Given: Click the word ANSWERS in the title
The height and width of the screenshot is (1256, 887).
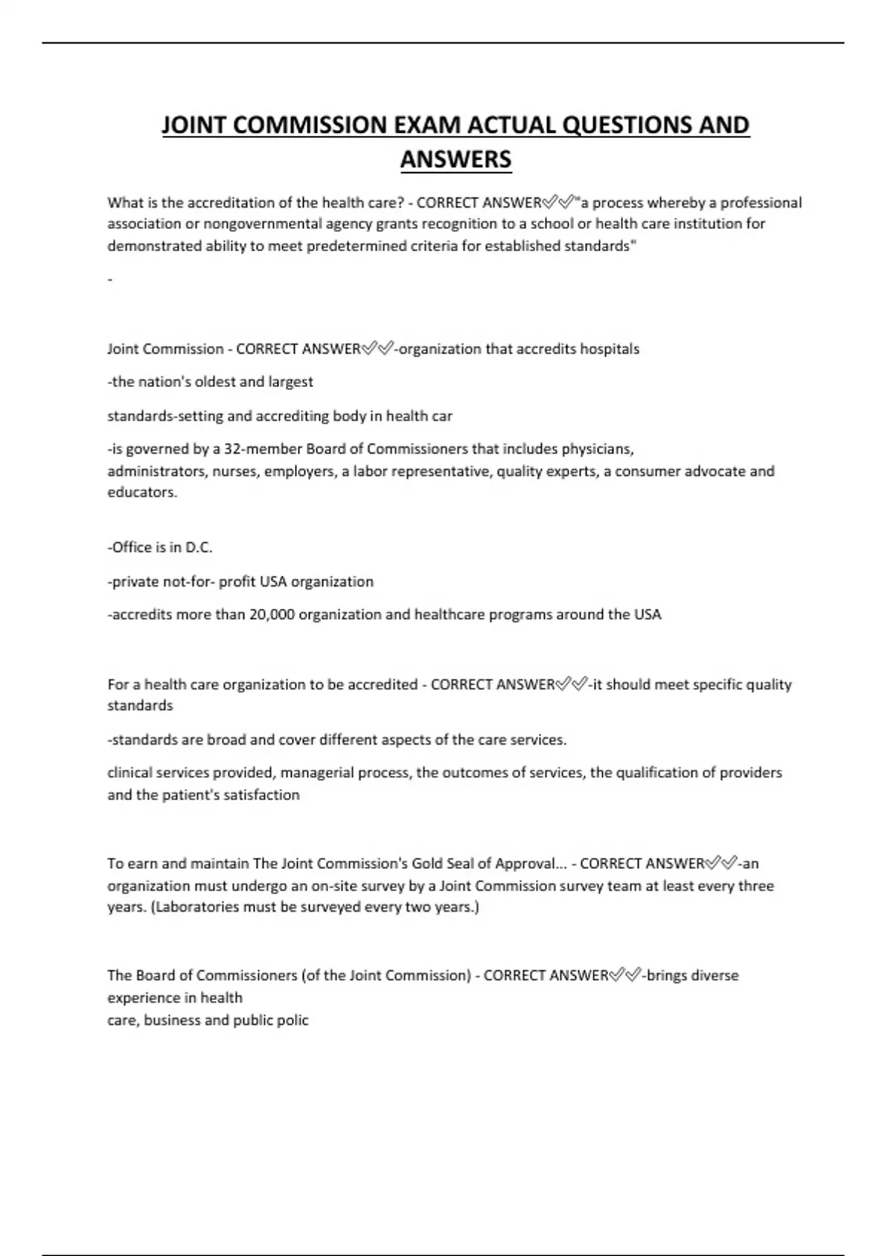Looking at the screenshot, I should click(455, 159).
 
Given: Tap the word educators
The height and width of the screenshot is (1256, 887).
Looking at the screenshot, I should click(142, 492).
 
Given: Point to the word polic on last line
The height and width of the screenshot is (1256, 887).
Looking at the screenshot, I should click(292, 1020).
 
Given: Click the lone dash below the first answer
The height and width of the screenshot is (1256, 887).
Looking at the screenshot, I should click(110, 279).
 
